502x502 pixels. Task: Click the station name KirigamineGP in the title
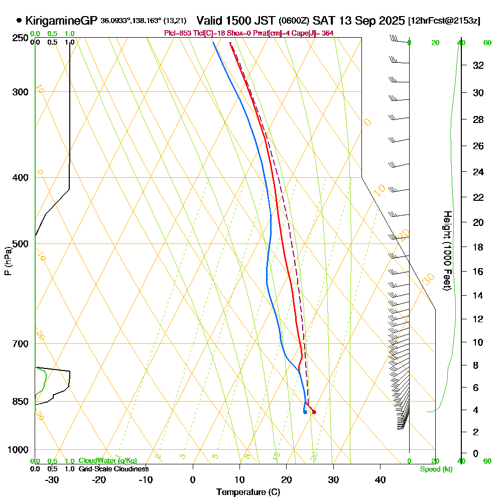coord(61,21)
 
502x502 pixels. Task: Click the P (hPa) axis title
coord(8,261)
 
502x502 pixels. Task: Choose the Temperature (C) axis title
coord(248,492)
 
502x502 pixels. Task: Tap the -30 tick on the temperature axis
coord(52,479)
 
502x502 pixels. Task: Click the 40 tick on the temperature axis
coord(380,479)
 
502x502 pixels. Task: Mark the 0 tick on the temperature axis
coord(193,479)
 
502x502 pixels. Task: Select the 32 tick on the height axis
coord(478,65)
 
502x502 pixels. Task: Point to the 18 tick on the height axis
coord(478,247)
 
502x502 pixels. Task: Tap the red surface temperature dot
coord(314,412)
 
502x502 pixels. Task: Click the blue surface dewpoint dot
coord(305,412)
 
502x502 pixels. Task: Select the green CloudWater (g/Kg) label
coord(107,461)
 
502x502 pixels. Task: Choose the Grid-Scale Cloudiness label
coord(113,469)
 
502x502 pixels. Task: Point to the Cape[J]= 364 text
coord(319,33)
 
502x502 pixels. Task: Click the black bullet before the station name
coord(19,21)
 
